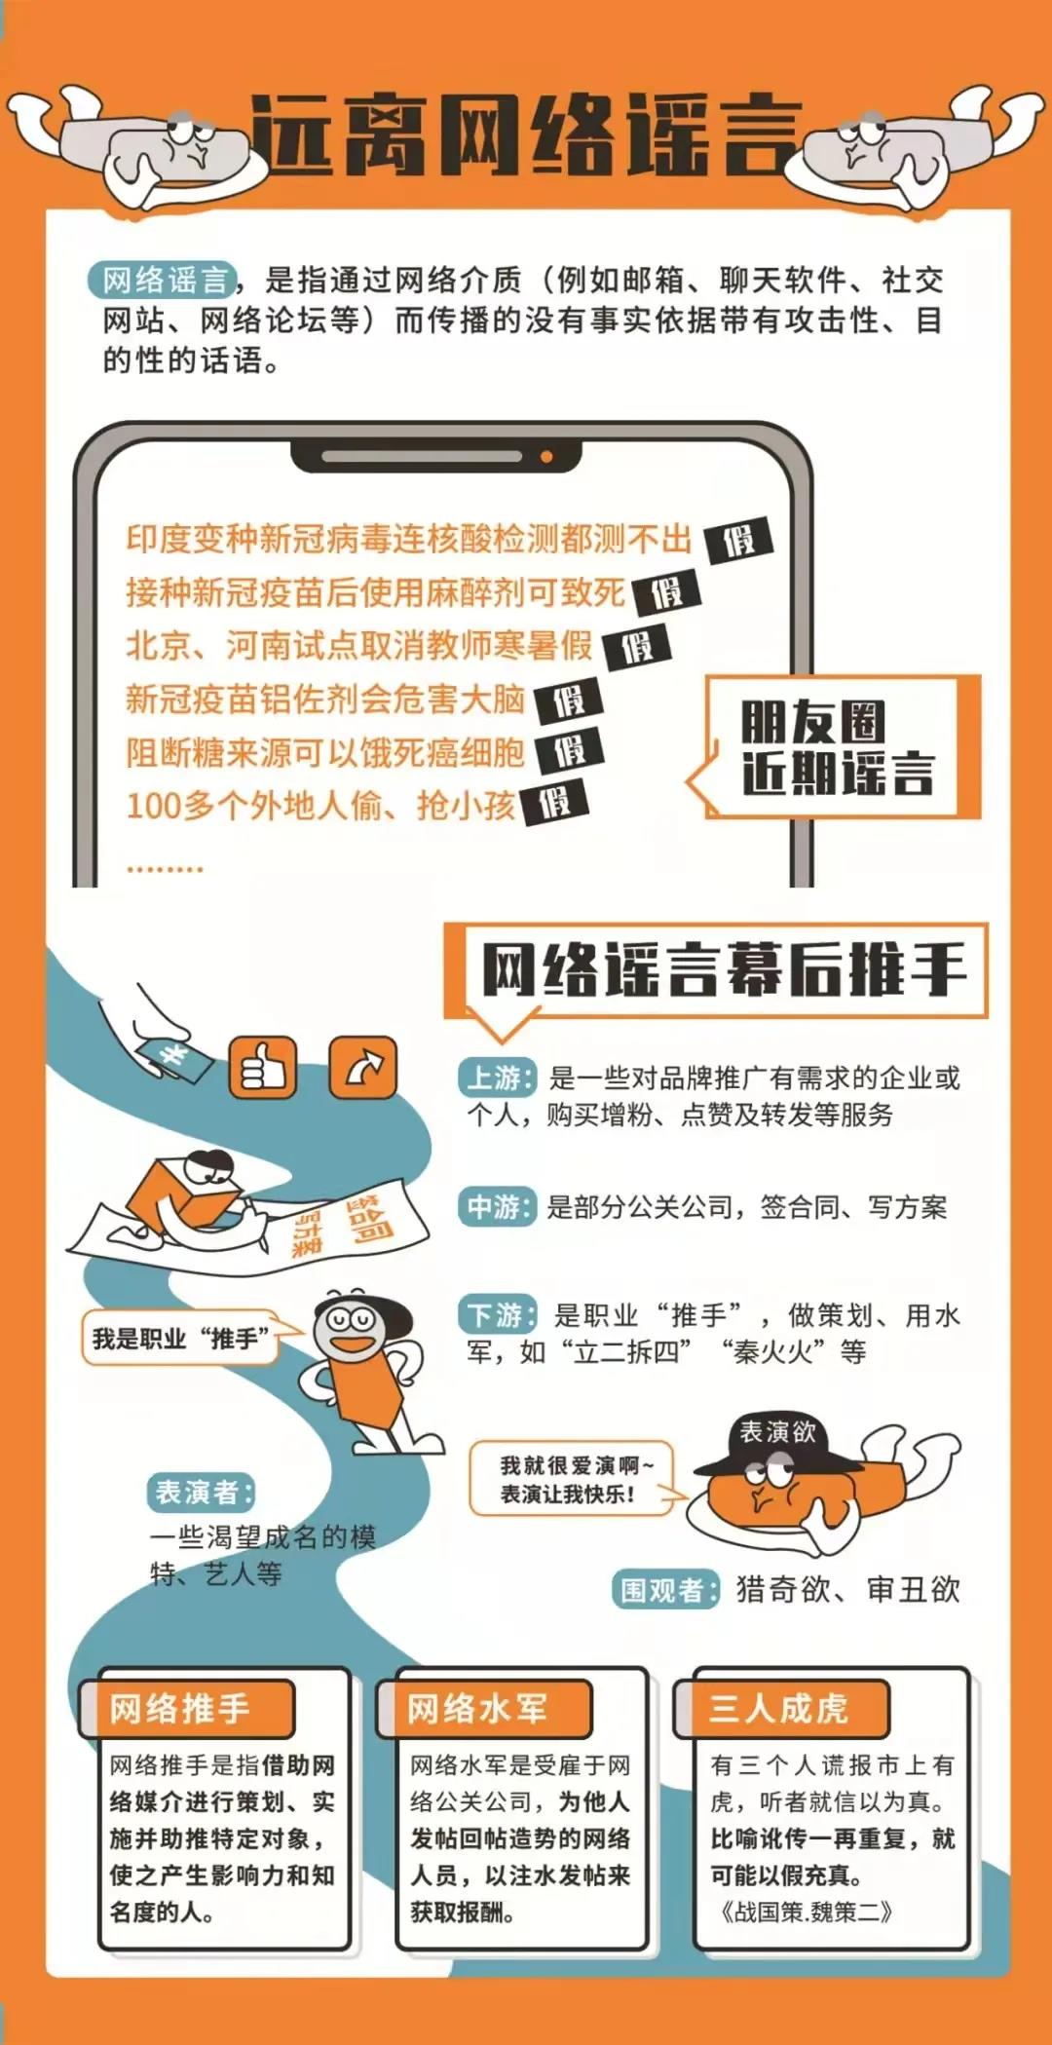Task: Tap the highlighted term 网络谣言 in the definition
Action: click(164, 281)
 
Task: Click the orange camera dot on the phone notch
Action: click(546, 456)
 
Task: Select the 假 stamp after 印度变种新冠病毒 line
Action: click(738, 539)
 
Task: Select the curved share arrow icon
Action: click(363, 1068)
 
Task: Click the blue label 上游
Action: click(497, 1078)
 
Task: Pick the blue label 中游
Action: click(497, 1207)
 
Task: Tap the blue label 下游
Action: click(497, 1315)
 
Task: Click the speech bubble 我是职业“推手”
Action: click(181, 1339)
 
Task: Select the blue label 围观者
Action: click(666, 1590)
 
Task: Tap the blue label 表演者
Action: click(203, 1493)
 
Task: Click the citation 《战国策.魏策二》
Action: click(806, 1912)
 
